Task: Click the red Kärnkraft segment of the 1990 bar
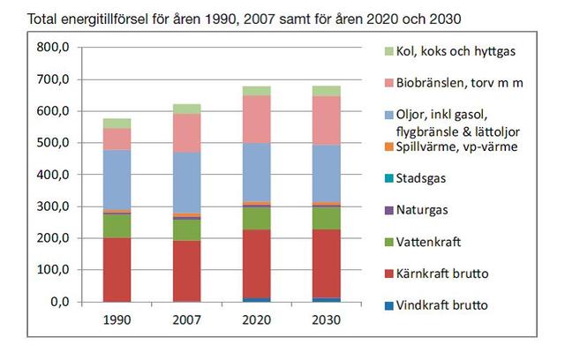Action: (x=117, y=269)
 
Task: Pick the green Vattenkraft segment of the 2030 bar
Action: (x=327, y=218)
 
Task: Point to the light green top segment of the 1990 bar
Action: (x=117, y=124)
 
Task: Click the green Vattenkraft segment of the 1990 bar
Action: (x=117, y=226)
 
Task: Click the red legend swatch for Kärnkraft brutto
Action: (x=389, y=274)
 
